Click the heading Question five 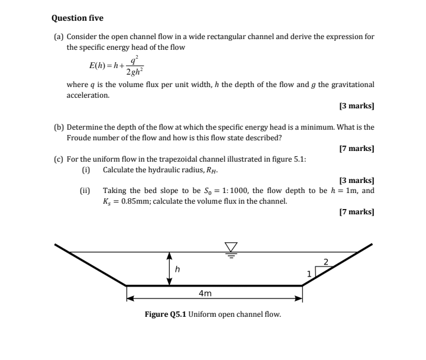click(x=78, y=18)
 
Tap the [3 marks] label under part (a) click(x=357, y=107)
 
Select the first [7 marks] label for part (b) click(x=357, y=149)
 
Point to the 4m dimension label click(x=205, y=293)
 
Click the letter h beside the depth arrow click(x=177, y=269)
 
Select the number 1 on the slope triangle click(x=309, y=274)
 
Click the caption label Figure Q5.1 click(x=166, y=314)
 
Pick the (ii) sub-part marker click(x=85, y=191)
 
